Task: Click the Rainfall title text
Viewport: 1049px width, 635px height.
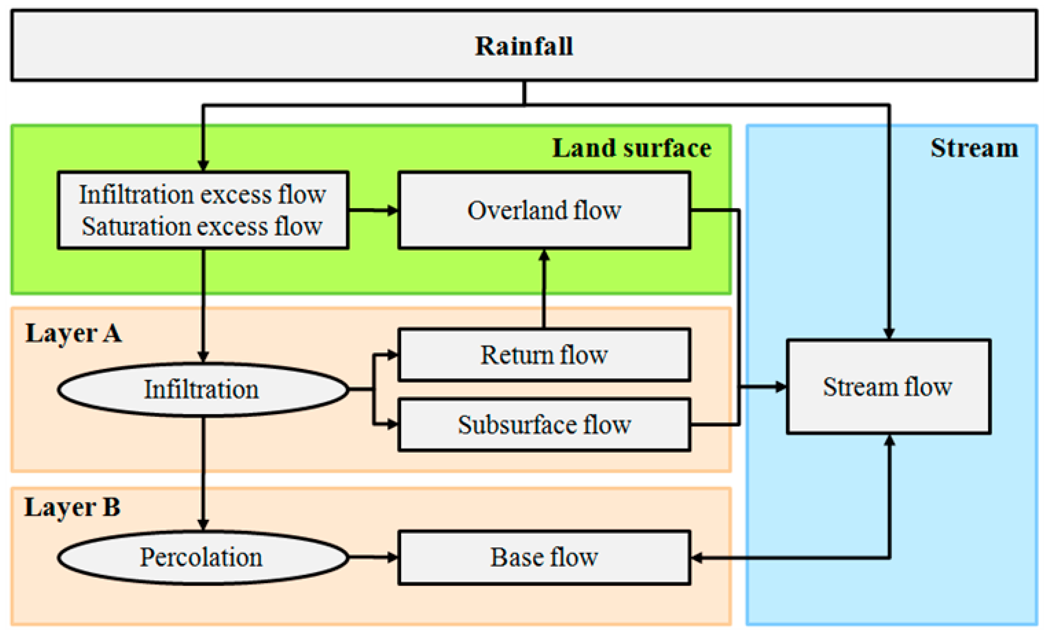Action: (x=524, y=46)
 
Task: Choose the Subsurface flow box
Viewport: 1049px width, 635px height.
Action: (x=544, y=425)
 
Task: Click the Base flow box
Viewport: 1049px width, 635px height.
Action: (x=544, y=557)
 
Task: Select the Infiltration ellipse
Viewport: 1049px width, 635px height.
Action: (x=203, y=389)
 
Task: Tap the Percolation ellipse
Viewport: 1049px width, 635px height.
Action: (x=203, y=557)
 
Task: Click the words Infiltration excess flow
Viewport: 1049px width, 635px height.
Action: (x=203, y=195)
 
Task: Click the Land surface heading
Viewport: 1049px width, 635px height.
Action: (x=631, y=149)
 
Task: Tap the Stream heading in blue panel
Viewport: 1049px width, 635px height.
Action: (x=974, y=149)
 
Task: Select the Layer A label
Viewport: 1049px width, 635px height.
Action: (x=74, y=333)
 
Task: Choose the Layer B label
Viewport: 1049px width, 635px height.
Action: (x=73, y=507)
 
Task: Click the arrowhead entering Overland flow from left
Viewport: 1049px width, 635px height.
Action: (x=392, y=210)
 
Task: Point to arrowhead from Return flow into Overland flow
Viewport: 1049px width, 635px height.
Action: (x=544, y=255)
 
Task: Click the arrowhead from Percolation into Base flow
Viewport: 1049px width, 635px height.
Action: (x=392, y=557)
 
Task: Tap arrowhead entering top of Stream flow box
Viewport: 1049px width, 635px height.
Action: (x=889, y=333)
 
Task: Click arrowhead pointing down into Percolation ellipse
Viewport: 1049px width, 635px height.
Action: (x=203, y=524)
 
